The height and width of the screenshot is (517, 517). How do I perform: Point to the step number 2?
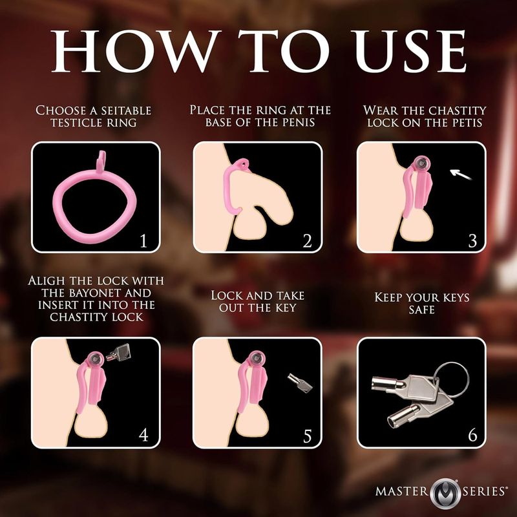tap(307, 241)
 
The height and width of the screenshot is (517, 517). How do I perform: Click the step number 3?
tap(472, 241)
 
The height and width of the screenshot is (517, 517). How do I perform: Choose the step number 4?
tap(143, 435)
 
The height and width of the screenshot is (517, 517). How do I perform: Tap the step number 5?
tap(307, 435)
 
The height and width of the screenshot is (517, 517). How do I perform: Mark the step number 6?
tap(472, 435)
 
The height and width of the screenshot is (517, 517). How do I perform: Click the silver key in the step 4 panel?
tap(118, 352)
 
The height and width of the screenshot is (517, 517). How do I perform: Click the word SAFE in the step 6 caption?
tap(421, 311)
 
